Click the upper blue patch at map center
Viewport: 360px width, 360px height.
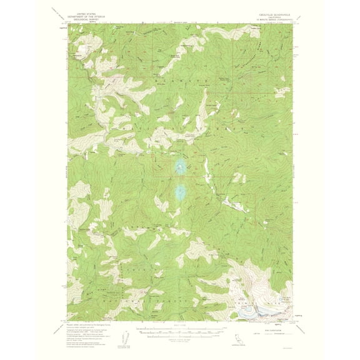180,166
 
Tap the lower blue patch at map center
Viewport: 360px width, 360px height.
181,191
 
